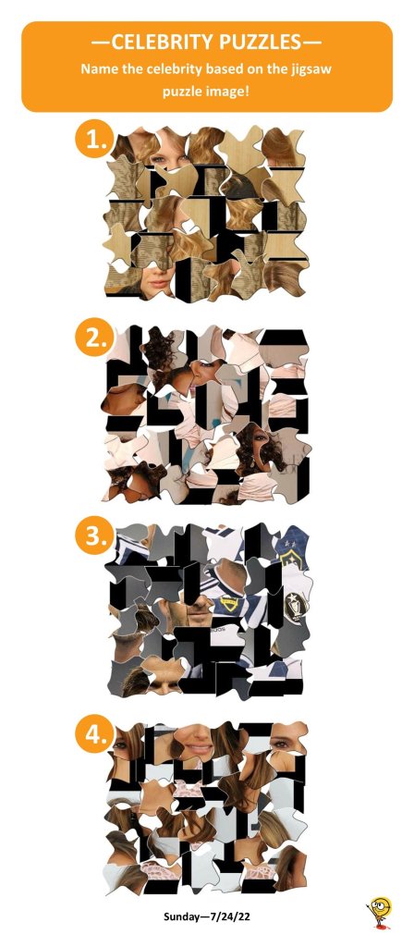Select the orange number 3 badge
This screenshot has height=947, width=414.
tap(93, 535)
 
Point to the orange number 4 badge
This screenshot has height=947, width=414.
tap(93, 733)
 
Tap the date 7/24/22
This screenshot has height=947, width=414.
tap(231, 916)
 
